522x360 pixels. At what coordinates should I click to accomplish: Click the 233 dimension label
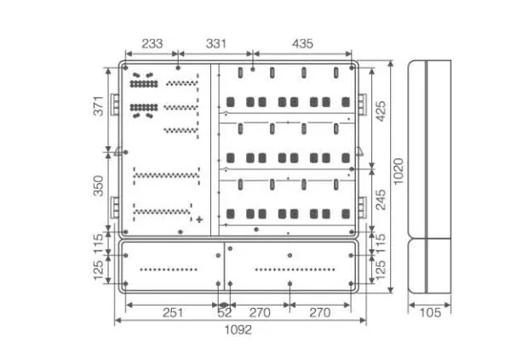153,43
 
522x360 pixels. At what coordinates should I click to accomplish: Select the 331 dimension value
215,43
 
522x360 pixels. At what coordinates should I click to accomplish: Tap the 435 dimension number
302,43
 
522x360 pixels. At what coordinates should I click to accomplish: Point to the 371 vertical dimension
98,106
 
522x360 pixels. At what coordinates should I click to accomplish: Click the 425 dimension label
381,111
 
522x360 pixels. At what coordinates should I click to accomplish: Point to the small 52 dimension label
225,312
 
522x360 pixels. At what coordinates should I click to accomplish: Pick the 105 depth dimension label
430,312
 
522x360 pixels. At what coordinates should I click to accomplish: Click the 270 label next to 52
258,312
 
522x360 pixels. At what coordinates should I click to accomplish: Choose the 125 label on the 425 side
381,271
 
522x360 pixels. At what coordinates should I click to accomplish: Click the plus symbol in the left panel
199,220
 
